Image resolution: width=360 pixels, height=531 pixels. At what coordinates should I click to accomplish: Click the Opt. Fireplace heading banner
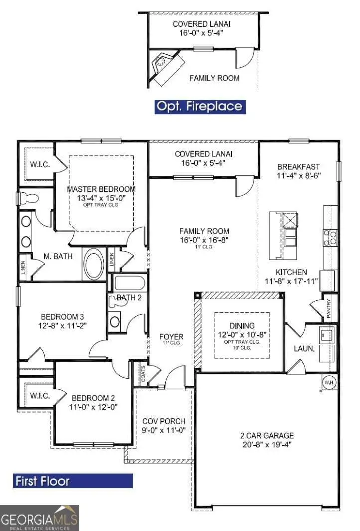[x=199, y=106]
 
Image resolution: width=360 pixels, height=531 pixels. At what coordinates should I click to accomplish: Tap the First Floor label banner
[x=73, y=481]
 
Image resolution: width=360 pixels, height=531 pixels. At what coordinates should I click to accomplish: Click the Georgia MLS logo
[x=39, y=517]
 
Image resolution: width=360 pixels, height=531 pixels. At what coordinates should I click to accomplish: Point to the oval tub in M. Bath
[x=93, y=264]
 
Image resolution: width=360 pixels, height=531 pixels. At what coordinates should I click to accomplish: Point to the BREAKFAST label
[x=299, y=166]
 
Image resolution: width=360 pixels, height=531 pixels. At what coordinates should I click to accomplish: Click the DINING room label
[x=242, y=325]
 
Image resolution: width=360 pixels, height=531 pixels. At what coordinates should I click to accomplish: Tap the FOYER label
[x=171, y=337]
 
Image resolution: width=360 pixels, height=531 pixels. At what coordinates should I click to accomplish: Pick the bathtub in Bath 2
[x=129, y=283]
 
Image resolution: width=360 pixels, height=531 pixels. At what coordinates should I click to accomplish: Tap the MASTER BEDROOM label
[x=101, y=189]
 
